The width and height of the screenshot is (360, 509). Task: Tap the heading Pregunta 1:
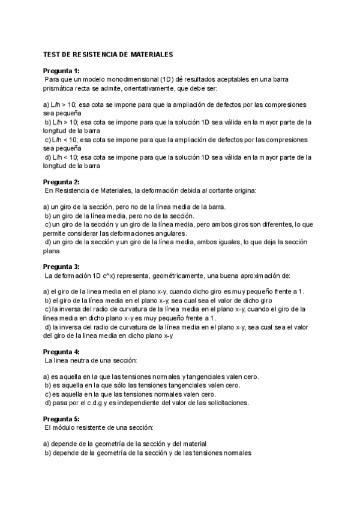coord(61,71)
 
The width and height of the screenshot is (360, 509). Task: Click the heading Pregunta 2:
coord(61,182)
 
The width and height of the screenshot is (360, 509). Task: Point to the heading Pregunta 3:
coord(61,267)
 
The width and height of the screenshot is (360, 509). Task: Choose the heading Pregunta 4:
coord(61,351)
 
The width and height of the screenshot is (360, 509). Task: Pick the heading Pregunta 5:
coord(61,418)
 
